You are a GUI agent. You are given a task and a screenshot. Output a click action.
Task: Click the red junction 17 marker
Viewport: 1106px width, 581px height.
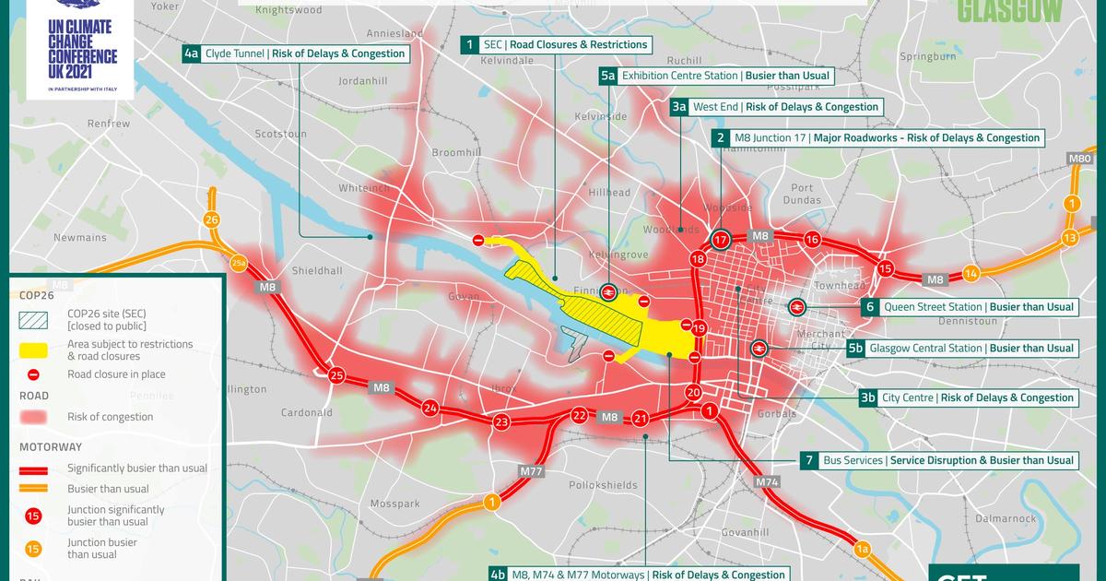721,240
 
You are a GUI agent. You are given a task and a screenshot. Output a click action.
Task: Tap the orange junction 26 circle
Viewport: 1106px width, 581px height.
212,219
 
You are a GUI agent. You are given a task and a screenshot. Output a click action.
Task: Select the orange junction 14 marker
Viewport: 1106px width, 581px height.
971,274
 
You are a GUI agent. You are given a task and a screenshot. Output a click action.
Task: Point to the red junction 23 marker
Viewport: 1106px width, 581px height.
500,422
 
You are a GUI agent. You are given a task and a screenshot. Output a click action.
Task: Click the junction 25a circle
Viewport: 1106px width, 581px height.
240,263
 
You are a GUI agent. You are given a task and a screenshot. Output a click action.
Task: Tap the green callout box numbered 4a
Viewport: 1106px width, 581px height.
191,53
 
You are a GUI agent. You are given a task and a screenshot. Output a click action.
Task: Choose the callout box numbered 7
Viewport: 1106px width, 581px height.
808,460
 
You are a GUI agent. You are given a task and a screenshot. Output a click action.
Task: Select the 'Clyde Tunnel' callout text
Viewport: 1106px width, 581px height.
235,53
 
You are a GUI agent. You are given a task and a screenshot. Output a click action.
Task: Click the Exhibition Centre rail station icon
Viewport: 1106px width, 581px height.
608,291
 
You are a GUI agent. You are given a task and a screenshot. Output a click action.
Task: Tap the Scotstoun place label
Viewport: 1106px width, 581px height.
280,134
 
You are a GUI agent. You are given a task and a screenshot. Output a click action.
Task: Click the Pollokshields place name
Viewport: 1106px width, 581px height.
603,485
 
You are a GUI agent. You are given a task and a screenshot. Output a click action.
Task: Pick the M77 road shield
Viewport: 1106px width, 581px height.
531,471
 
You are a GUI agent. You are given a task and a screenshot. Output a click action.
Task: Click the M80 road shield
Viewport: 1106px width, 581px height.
1080,160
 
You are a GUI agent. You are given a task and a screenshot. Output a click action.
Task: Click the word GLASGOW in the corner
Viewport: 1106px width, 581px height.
1010,11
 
